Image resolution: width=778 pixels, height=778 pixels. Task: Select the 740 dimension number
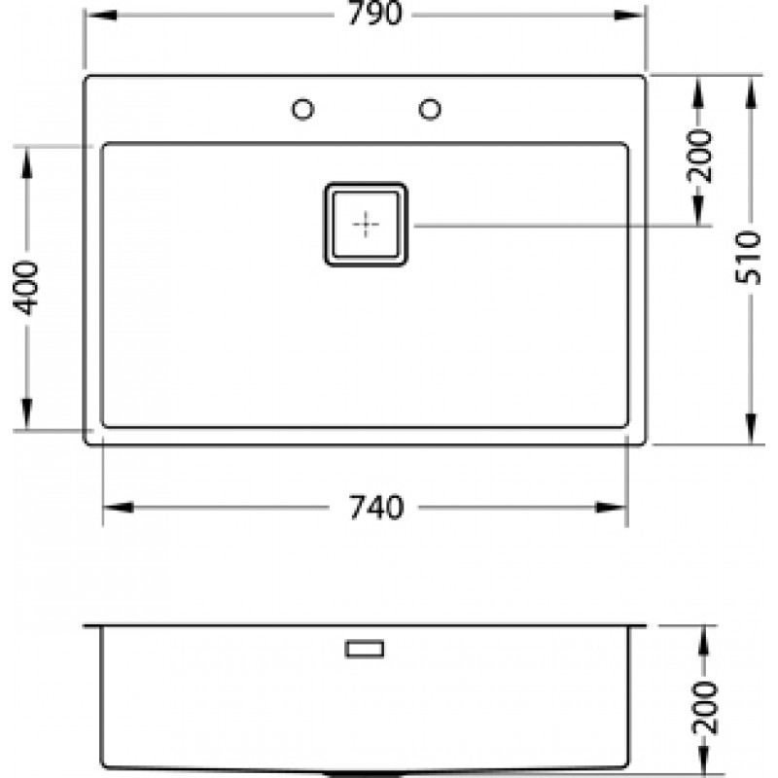(376, 507)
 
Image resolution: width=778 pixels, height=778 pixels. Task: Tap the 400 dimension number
(26, 288)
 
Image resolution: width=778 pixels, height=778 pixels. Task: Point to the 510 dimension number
(748, 257)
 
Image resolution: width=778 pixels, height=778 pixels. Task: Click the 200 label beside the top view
(699, 156)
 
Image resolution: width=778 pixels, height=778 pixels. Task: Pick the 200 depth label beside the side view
(705, 708)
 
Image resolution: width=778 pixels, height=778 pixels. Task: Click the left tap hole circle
(303, 109)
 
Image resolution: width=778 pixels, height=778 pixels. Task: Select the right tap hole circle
(430, 109)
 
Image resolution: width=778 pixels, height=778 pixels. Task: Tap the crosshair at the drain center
(366, 225)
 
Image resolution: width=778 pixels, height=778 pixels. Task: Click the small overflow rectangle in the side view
(365, 649)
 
